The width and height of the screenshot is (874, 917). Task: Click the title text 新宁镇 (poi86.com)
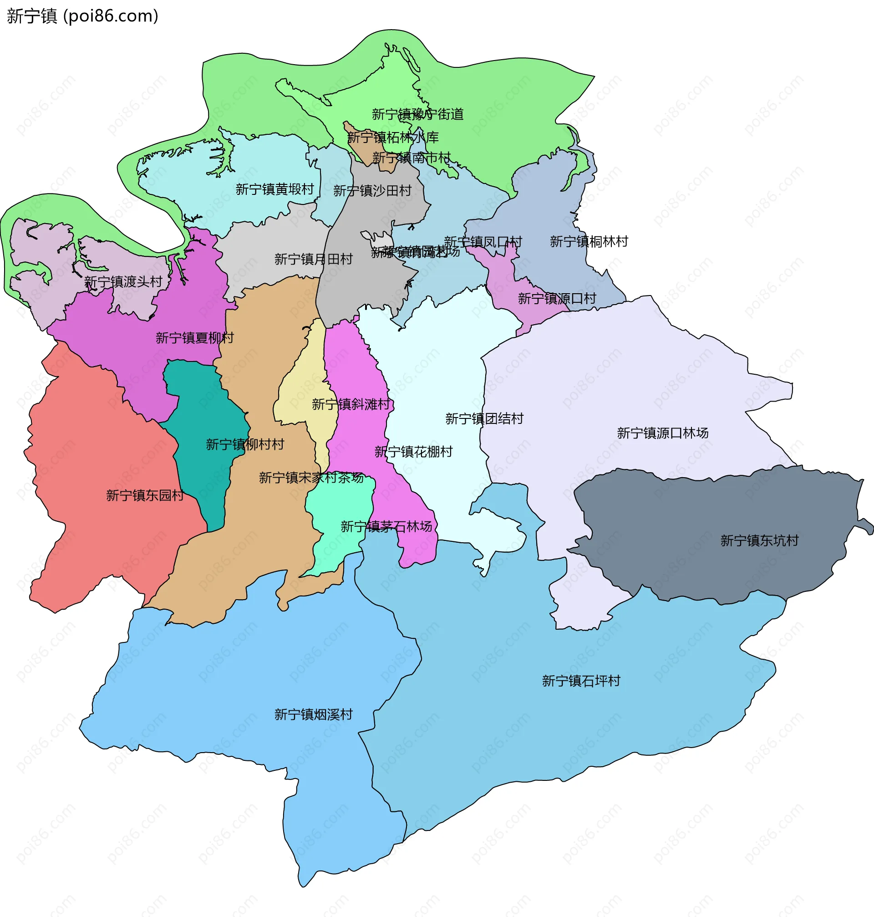pyautogui.click(x=82, y=16)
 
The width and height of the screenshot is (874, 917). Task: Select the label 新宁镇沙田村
pyautogui.click(x=372, y=191)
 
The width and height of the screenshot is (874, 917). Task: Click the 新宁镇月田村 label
pyautogui.click(x=313, y=259)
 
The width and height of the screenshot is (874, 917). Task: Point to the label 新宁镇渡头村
pyautogui.click(x=123, y=282)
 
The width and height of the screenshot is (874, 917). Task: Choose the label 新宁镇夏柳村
pyautogui.click(x=194, y=338)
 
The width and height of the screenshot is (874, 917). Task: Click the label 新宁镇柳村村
pyautogui.click(x=245, y=444)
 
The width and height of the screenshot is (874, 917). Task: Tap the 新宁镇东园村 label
pyautogui.click(x=145, y=495)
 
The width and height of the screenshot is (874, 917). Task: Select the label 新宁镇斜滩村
pyautogui.click(x=351, y=404)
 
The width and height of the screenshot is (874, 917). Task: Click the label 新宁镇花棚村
pyautogui.click(x=413, y=452)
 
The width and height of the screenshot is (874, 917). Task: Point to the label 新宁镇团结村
pyautogui.click(x=484, y=418)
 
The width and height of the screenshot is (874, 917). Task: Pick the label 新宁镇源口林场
pyautogui.click(x=662, y=433)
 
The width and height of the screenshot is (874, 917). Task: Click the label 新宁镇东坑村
pyautogui.click(x=759, y=540)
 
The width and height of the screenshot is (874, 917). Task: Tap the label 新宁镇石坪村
pyautogui.click(x=581, y=681)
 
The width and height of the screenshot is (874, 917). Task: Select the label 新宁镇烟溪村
pyautogui.click(x=313, y=714)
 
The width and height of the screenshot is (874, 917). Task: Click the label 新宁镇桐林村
pyautogui.click(x=589, y=241)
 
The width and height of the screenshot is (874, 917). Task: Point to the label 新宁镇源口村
pyautogui.click(x=557, y=298)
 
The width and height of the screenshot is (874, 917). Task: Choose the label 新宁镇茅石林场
pyautogui.click(x=386, y=526)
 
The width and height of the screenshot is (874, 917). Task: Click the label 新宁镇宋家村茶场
pyautogui.click(x=311, y=478)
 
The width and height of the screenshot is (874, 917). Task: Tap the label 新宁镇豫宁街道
pyautogui.click(x=417, y=114)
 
